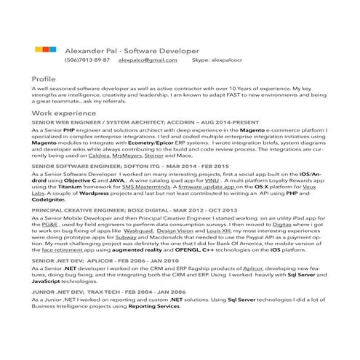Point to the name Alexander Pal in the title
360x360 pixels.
(x=91, y=51)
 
